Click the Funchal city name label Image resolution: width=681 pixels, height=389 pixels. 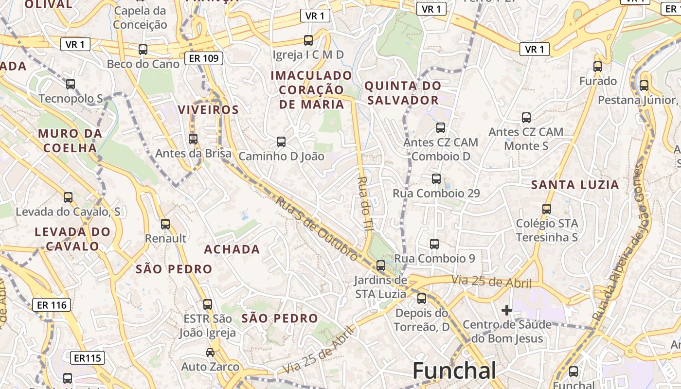[454, 371]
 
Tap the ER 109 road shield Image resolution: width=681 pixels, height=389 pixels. [204, 59]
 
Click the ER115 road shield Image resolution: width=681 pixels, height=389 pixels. [88, 358]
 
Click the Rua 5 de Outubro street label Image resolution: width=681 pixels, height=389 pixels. [317, 228]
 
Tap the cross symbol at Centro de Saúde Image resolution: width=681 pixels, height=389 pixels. [507, 310]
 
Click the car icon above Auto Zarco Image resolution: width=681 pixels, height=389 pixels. [210, 352]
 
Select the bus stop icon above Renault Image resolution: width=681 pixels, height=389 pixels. [165, 224]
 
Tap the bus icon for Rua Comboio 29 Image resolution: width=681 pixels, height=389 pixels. [436, 179]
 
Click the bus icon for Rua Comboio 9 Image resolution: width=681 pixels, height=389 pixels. [434, 244]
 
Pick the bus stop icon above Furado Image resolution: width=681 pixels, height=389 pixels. [598, 67]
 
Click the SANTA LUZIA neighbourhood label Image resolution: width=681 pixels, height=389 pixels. [575, 185]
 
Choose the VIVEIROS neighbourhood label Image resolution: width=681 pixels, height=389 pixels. [209, 110]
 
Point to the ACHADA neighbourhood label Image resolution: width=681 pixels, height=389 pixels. [232, 249]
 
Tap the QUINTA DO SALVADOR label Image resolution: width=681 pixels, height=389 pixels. [403, 93]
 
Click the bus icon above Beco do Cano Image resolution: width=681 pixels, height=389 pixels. [143, 50]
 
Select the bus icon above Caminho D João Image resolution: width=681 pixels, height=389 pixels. [281, 142]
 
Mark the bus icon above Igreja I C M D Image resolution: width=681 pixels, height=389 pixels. [308, 40]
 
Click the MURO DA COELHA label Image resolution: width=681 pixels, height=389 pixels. [71, 141]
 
